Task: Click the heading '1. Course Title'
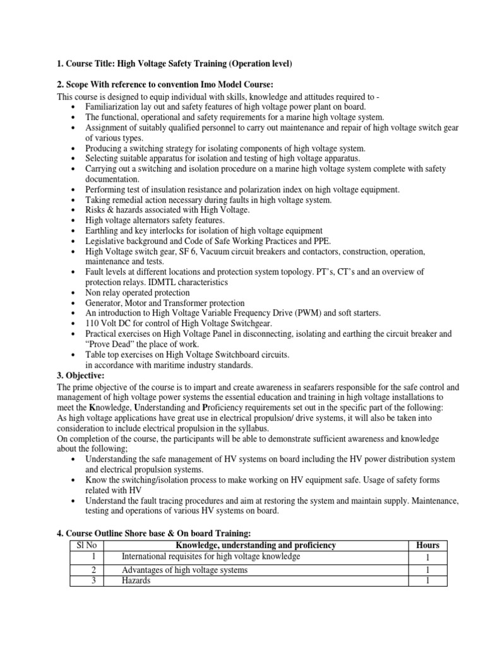coord(88,64)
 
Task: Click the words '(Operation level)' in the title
coord(260,64)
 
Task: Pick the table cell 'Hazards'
coord(136,581)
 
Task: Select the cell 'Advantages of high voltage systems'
coord(184,570)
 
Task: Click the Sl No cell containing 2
coord(93,570)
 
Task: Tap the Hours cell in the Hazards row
coord(428,581)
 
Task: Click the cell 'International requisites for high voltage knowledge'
coord(211,556)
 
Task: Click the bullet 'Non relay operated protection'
coord(137,293)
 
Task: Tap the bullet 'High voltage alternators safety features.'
coord(155,220)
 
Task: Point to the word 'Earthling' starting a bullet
coord(104,230)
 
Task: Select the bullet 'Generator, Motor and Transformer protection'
coord(165,303)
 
